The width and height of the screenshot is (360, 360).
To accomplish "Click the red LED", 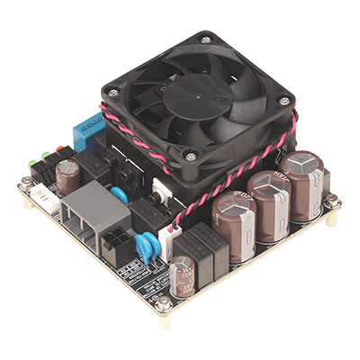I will tap(59, 150).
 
